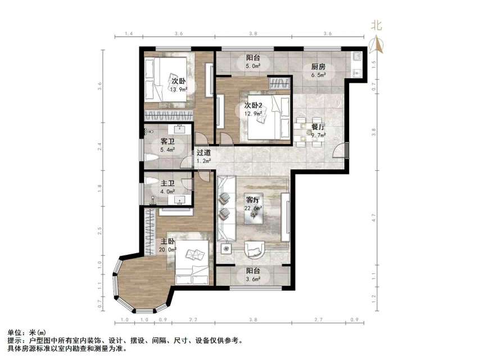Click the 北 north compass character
pyautogui.click(x=376, y=25)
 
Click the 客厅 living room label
pyautogui.click(x=253, y=200)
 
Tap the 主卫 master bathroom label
pyautogui.click(x=167, y=183)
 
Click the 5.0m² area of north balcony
pyautogui.click(x=253, y=66)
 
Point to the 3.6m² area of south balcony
pyautogui.click(x=253, y=279)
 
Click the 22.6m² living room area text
pyautogui.click(x=254, y=209)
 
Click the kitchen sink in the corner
pyautogui.click(x=356, y=57)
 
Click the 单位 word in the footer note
pyautogui.click(x=14, y=333)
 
